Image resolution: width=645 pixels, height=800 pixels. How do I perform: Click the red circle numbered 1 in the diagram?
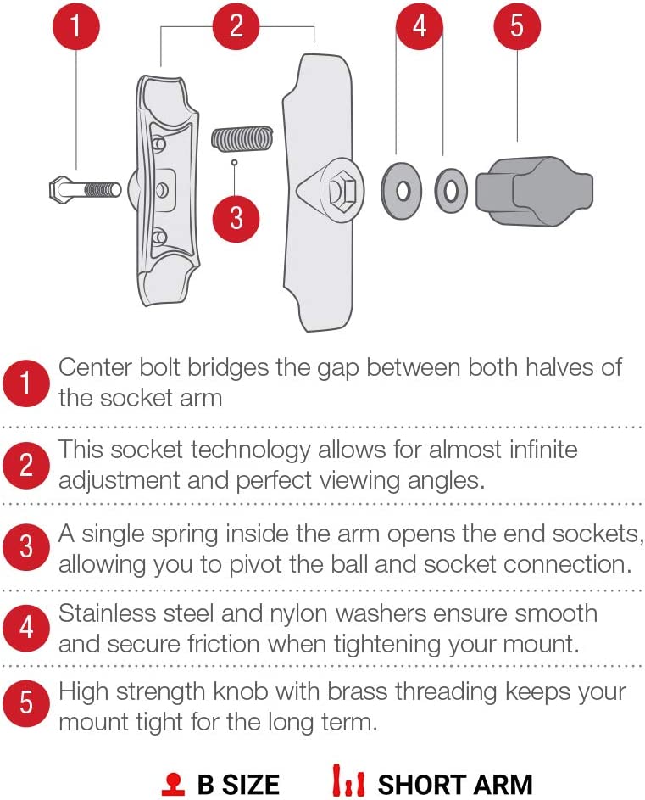point(76,26)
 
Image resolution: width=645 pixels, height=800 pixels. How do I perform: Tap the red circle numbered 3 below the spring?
point(236,218)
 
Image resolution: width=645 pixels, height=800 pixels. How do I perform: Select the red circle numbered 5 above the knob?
point(517,26)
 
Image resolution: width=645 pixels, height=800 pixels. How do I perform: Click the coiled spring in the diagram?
point(242,139)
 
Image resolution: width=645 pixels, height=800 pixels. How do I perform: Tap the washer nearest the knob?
point(451,192)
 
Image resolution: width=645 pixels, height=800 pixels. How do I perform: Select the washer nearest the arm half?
point(402,192)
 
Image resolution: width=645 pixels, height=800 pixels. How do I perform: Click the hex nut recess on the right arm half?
point(341,192)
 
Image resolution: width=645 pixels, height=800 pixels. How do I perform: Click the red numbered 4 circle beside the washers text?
point(26,628)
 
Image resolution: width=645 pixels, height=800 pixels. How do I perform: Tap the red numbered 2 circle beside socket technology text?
point(26,465)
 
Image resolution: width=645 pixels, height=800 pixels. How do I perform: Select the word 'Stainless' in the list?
point(107,613)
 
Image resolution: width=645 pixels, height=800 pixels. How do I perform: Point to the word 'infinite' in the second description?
point(543,450)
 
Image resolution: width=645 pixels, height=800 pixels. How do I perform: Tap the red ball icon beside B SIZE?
point(174,784)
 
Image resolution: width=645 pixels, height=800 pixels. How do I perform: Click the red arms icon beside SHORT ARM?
point(348,780)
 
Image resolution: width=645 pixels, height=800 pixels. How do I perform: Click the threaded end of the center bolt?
point(102,190)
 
